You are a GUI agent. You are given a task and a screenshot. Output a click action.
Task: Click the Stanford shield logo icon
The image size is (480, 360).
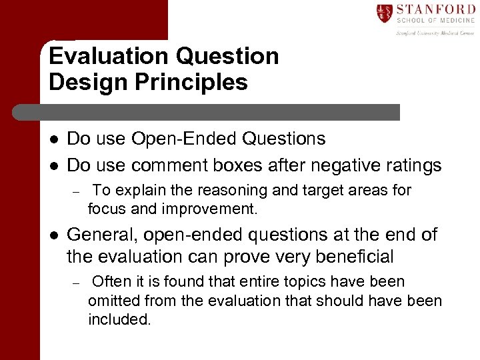point(385,13)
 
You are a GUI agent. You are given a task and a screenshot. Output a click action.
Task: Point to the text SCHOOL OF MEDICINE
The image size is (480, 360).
point(435,22)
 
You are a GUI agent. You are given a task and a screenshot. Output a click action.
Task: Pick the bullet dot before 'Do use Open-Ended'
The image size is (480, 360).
point(55,139)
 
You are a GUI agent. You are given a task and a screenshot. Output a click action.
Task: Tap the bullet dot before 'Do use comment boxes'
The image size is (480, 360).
point(55,165)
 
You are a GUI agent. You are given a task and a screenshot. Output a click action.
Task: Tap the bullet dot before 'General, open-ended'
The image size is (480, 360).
point(55,235)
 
